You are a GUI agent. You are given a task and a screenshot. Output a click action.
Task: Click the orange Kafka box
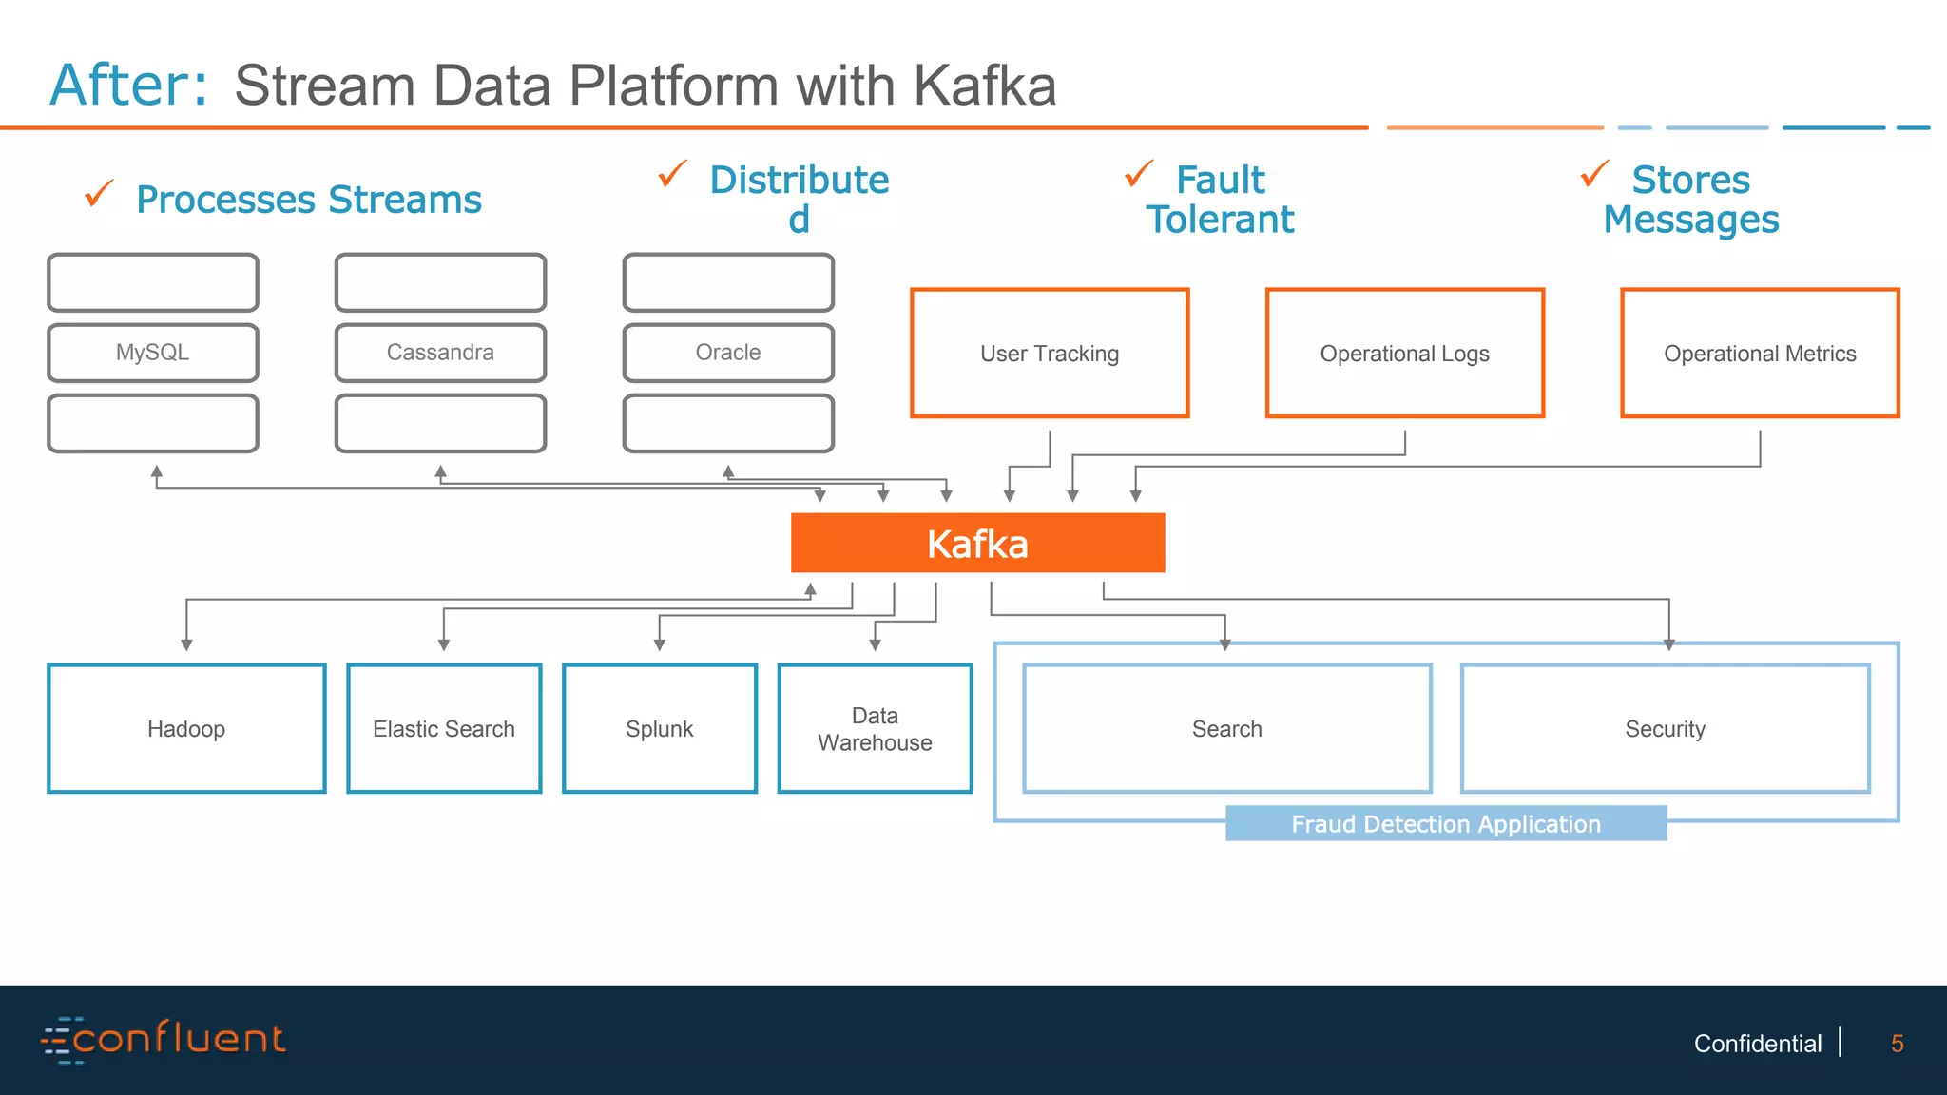click(977, 543)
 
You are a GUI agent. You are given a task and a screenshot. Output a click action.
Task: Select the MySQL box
click(152, 353)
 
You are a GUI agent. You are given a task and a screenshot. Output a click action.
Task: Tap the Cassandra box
click(440, 353)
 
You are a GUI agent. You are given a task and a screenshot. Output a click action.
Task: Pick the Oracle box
click(728, 353)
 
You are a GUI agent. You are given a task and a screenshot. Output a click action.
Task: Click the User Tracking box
click(1050, 354)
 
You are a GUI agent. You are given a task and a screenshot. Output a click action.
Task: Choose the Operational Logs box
click(1404, 354)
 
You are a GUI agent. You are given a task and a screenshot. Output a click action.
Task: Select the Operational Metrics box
click(1760, 354)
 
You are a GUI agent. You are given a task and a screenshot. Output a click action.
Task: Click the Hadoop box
click(186, 729)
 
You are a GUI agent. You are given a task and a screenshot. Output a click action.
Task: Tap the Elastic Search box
click(444, 729)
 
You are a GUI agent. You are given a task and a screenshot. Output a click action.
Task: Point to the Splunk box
click(660, 729)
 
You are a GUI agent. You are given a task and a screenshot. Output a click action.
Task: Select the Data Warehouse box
click(875, 729)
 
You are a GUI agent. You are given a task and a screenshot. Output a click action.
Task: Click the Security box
click(1665, 729)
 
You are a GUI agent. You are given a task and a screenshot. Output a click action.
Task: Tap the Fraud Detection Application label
click(1445, 824)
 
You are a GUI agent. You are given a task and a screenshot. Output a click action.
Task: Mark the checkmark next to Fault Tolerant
click(1138, 174)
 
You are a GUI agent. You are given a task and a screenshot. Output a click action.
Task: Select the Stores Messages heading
click(1690, 200)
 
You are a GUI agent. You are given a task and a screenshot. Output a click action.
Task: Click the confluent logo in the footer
click(163, 1039)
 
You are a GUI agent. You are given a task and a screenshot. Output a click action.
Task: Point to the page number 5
click(1897, 1044)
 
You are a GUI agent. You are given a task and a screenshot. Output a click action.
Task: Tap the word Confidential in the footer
click(1757, 1044)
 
